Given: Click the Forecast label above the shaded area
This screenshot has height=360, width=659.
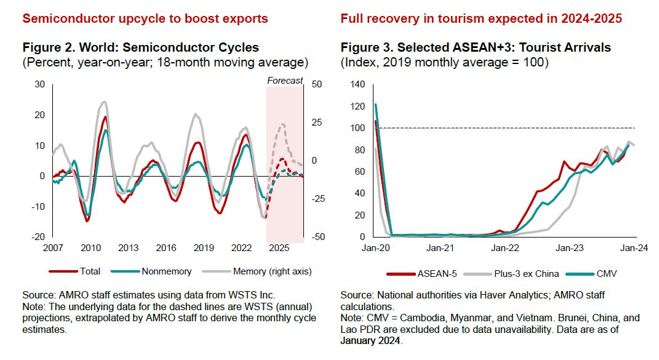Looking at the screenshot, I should coord(285,81).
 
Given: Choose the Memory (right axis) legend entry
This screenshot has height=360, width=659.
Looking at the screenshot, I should coord(269,271).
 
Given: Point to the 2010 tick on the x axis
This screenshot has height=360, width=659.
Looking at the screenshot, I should coord(90,248).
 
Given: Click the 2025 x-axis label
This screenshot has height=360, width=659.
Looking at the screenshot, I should coord(279,248).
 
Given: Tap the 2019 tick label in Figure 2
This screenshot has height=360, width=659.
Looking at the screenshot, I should coord(204,248).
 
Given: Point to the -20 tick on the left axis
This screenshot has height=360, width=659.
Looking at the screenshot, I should coord(38,237).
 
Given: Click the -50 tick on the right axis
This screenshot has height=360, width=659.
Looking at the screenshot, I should coord(318,237).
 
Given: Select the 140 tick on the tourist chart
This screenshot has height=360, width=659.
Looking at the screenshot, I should coord(357,84).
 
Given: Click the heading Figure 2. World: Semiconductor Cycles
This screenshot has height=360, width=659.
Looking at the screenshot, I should coord(140,47).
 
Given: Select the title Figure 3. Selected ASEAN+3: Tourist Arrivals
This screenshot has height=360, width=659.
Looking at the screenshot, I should coord(476,47).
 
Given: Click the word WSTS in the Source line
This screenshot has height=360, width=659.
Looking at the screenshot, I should coord(254,295).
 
